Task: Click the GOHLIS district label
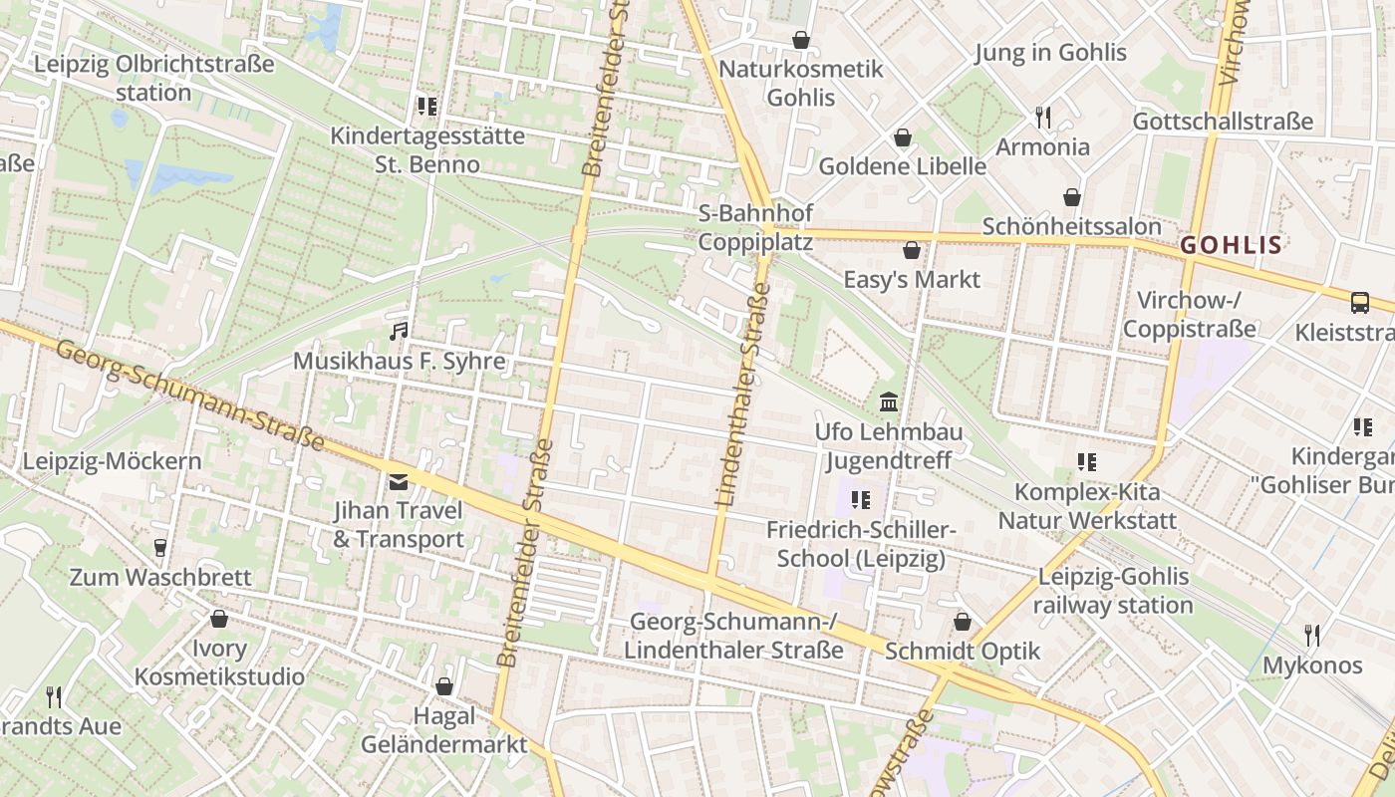coord(1232,244)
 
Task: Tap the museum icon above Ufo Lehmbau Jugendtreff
coord(889,402)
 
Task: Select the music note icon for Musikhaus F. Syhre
coord(399,331)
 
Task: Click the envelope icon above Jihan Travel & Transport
coord(399,482)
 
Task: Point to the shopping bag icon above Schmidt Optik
coord(963,623)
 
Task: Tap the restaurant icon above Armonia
coord(1043,118)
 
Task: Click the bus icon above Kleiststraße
coord(1359,303)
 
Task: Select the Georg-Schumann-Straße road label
coord(190,395)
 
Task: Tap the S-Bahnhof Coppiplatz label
coord(755,227)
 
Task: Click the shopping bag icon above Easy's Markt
coord(911,250)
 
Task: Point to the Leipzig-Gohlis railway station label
coord(1113,591)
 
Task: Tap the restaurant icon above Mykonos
coord(1312,635)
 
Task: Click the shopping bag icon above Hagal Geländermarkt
coord(444,686)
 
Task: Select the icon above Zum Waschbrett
coord(159,547)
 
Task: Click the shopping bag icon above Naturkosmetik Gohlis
coord(801,40)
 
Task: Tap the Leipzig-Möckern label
coord(112,461)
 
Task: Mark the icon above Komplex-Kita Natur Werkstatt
coord(1086,461)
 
